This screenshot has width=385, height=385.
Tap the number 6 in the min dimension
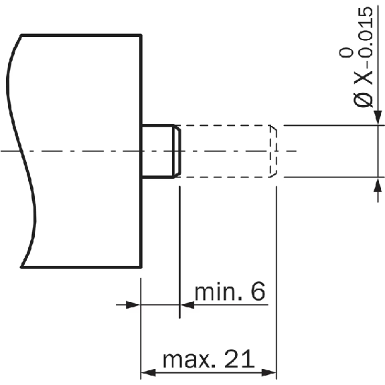[258, 291]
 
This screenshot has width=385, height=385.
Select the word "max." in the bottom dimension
[189, 360]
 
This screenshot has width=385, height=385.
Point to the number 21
[240, 358]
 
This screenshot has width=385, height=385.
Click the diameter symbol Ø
[363, 100]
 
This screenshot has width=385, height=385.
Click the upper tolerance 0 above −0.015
[346, 52]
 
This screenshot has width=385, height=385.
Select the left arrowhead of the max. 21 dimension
[149, 372]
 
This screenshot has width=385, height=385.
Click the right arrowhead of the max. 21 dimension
[268, 372]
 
